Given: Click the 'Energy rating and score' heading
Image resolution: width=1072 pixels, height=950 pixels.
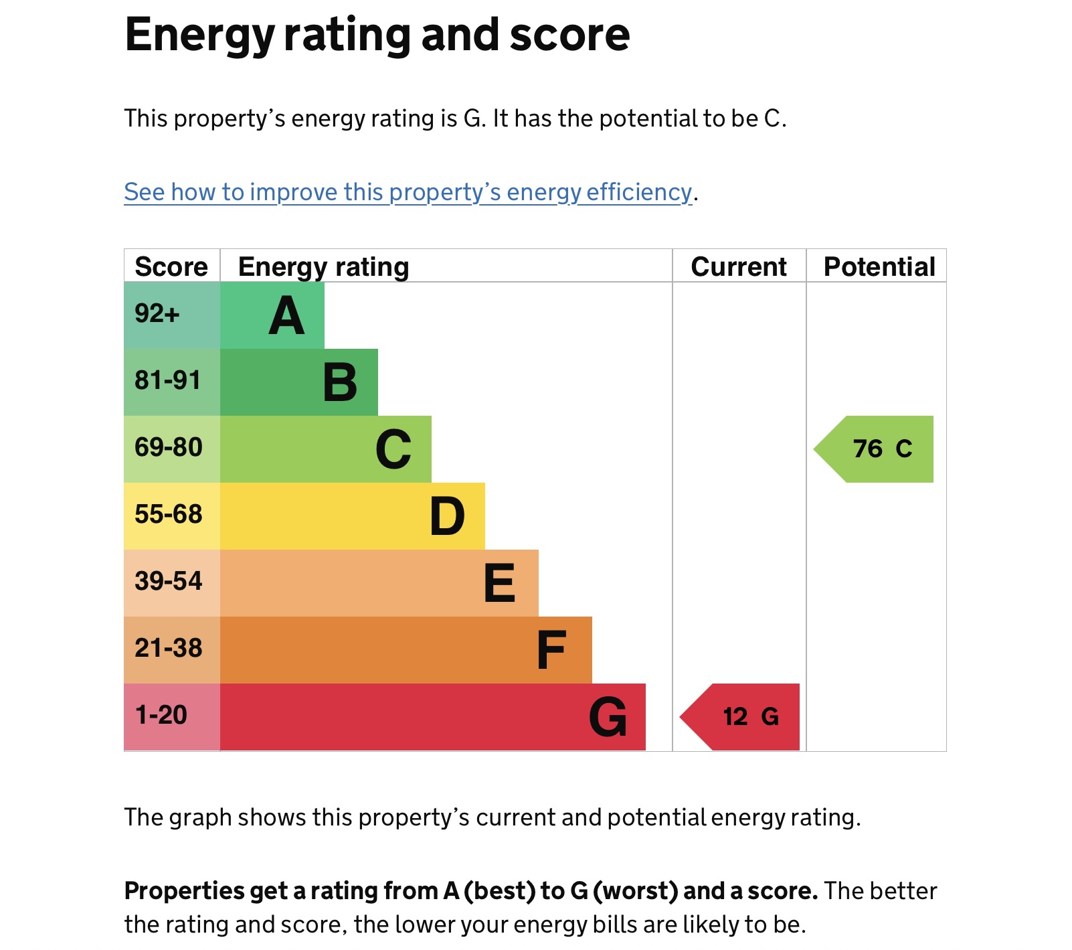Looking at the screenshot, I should pos(377,35).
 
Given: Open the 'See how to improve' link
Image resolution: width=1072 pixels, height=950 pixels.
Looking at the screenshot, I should pos(408,192).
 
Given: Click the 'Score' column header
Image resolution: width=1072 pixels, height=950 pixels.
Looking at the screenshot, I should pos(171,266).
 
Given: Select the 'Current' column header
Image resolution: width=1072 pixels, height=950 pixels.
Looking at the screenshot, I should pos(738,266).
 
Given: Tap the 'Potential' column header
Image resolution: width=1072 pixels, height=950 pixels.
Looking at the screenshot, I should pos(879,266).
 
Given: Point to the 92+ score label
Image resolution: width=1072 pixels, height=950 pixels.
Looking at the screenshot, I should pos(157,313).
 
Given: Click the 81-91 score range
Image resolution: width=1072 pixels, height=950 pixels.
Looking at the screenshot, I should pos(168,380).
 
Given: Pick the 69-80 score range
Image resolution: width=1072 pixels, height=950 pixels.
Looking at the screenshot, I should pos(169,447).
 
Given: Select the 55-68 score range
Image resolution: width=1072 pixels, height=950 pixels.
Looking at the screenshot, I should pos(169,514).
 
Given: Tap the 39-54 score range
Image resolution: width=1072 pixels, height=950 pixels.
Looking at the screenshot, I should pos(169,581).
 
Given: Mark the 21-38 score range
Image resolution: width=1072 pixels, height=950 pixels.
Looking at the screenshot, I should pos(169,648).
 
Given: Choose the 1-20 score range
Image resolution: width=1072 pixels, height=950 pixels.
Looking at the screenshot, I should pos(161,715).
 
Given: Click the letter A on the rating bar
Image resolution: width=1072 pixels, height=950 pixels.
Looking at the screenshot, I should pos(286,316).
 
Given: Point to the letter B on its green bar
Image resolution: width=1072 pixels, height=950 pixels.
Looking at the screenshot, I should pos(340,383).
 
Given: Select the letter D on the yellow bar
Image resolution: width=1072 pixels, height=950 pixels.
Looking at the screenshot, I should pos(447,517).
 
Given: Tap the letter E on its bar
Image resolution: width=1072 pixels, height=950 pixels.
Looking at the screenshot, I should pos(499,584).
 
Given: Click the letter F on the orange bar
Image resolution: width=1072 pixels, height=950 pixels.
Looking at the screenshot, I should pos(551,651).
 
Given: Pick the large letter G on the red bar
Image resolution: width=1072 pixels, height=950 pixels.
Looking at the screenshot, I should pos(608,718).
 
